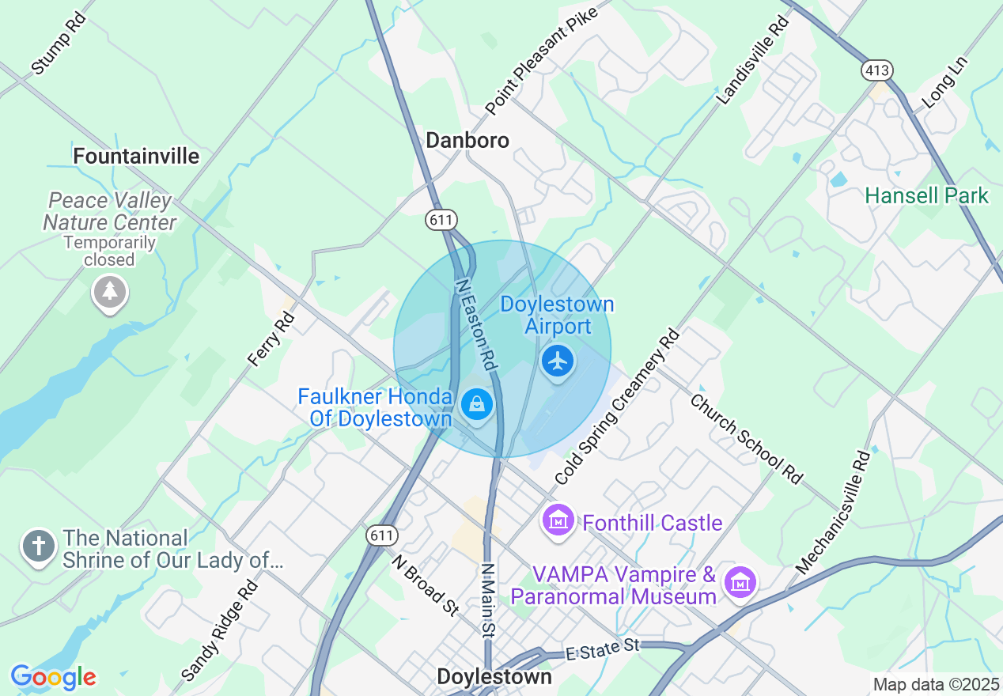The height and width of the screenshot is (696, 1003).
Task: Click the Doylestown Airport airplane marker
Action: coord(558,361)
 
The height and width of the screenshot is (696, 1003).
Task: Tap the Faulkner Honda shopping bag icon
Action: coord(476,404)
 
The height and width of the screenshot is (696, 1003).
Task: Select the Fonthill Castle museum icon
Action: coord(558,520)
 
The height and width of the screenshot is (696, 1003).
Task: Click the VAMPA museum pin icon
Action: coord(740,583)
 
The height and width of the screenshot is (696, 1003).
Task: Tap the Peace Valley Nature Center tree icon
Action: coord(110,292)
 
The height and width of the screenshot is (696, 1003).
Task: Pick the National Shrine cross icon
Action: coord(39,547)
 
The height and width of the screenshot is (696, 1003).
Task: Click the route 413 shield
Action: coord(877,71)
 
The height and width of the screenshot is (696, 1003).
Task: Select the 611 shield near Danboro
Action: coord(441,219)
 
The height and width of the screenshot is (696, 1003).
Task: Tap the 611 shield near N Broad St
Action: coord(381,535)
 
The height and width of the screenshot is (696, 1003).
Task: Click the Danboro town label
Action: coord(467,140)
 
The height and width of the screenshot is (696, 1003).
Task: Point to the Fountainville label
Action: coord(136,156)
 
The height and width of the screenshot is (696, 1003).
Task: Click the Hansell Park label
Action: coord(926,195)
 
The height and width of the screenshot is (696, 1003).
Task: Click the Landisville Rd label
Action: coord(753,61)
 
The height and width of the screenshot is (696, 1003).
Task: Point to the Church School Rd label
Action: coord(746,437)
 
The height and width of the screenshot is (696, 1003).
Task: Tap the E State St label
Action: coord(602,648)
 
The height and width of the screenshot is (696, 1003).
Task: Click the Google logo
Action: coord(53,677)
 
